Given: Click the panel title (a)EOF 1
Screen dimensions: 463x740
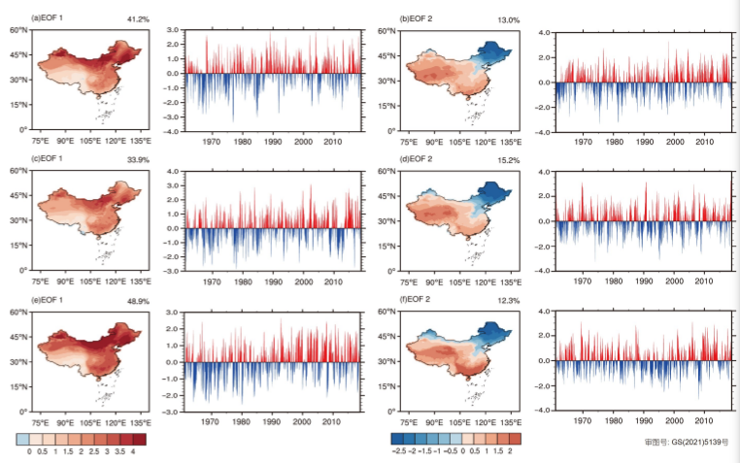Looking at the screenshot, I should tap(50, 18).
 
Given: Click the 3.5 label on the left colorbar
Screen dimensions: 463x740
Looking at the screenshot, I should tap(117, 452).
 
